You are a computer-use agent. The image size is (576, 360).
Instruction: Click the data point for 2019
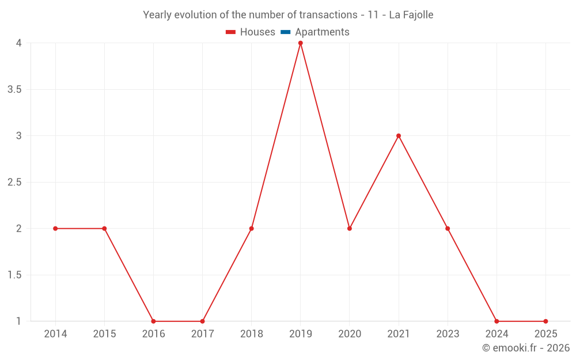coord(300,43)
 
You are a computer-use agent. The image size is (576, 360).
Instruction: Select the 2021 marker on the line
coord(399,136)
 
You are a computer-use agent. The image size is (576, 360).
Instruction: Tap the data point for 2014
coord(55,229)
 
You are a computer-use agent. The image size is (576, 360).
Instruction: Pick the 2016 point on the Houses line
coord(153,321)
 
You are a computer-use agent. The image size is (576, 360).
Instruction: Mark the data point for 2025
coord(545,321)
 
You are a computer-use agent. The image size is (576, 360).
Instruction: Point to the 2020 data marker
coord(350,229)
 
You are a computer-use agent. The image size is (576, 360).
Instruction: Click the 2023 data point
coord(448,229)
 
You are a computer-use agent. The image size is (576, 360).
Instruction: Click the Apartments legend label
coord(322,32)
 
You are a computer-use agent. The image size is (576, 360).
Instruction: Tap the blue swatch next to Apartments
coord(285,32)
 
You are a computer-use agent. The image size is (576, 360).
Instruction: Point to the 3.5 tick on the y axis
coord(15,89)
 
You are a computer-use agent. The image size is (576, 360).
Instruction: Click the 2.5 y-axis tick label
coord(15,182)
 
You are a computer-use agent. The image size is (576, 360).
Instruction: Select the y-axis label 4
coord(19,43)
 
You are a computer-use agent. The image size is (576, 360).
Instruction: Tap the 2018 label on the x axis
coord(252,334)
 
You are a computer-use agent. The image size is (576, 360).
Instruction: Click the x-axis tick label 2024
coord(497,334)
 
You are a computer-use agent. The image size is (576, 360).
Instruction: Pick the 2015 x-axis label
coord(104,334)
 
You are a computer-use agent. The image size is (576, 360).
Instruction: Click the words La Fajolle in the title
coord(411,15)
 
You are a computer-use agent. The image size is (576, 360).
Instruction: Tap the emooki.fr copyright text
coord(526,348)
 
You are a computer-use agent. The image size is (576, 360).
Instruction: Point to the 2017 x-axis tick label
coord(202,334)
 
